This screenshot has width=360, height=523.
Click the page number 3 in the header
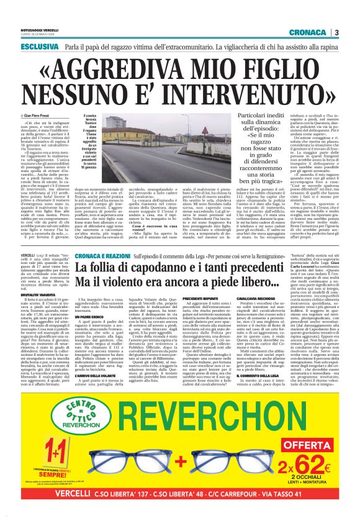pyautogui.click(x=336, y=32)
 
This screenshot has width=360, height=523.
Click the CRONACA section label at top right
pyautogui.click(x=307, y=32)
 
